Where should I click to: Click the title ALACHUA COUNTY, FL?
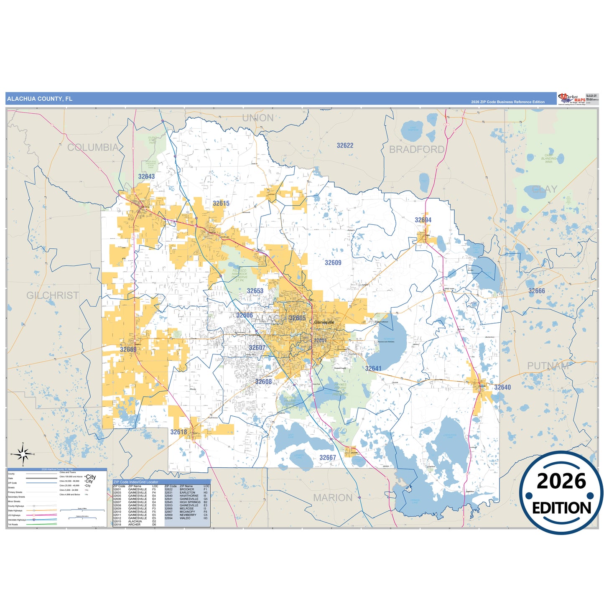(x=40, y=99)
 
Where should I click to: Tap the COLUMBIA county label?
(x=93, y=148)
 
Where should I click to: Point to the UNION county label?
(x=258, y=118)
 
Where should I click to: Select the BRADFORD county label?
(x=417, y=150)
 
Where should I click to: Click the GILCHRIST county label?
(x=53, y=296)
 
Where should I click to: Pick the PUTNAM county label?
(x=548, y=366)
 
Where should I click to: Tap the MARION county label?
(x=333, y=498)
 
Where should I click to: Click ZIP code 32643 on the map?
(x=146, y=177)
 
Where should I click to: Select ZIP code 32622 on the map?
(x=345, y=146)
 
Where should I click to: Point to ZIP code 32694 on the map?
(x=423, y=220)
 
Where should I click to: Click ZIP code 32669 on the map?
(x=128, y=350)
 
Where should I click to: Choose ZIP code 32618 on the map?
(x=178, y=432)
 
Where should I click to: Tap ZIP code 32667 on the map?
(x=328, y=458)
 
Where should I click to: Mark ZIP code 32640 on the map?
(x=502, y=387)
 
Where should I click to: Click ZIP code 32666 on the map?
(x=537, y=291)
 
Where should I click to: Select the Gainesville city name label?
(x=324, y=322)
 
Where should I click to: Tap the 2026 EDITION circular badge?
(x=561, y=493)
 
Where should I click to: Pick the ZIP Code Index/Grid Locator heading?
(x=136, y=482)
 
